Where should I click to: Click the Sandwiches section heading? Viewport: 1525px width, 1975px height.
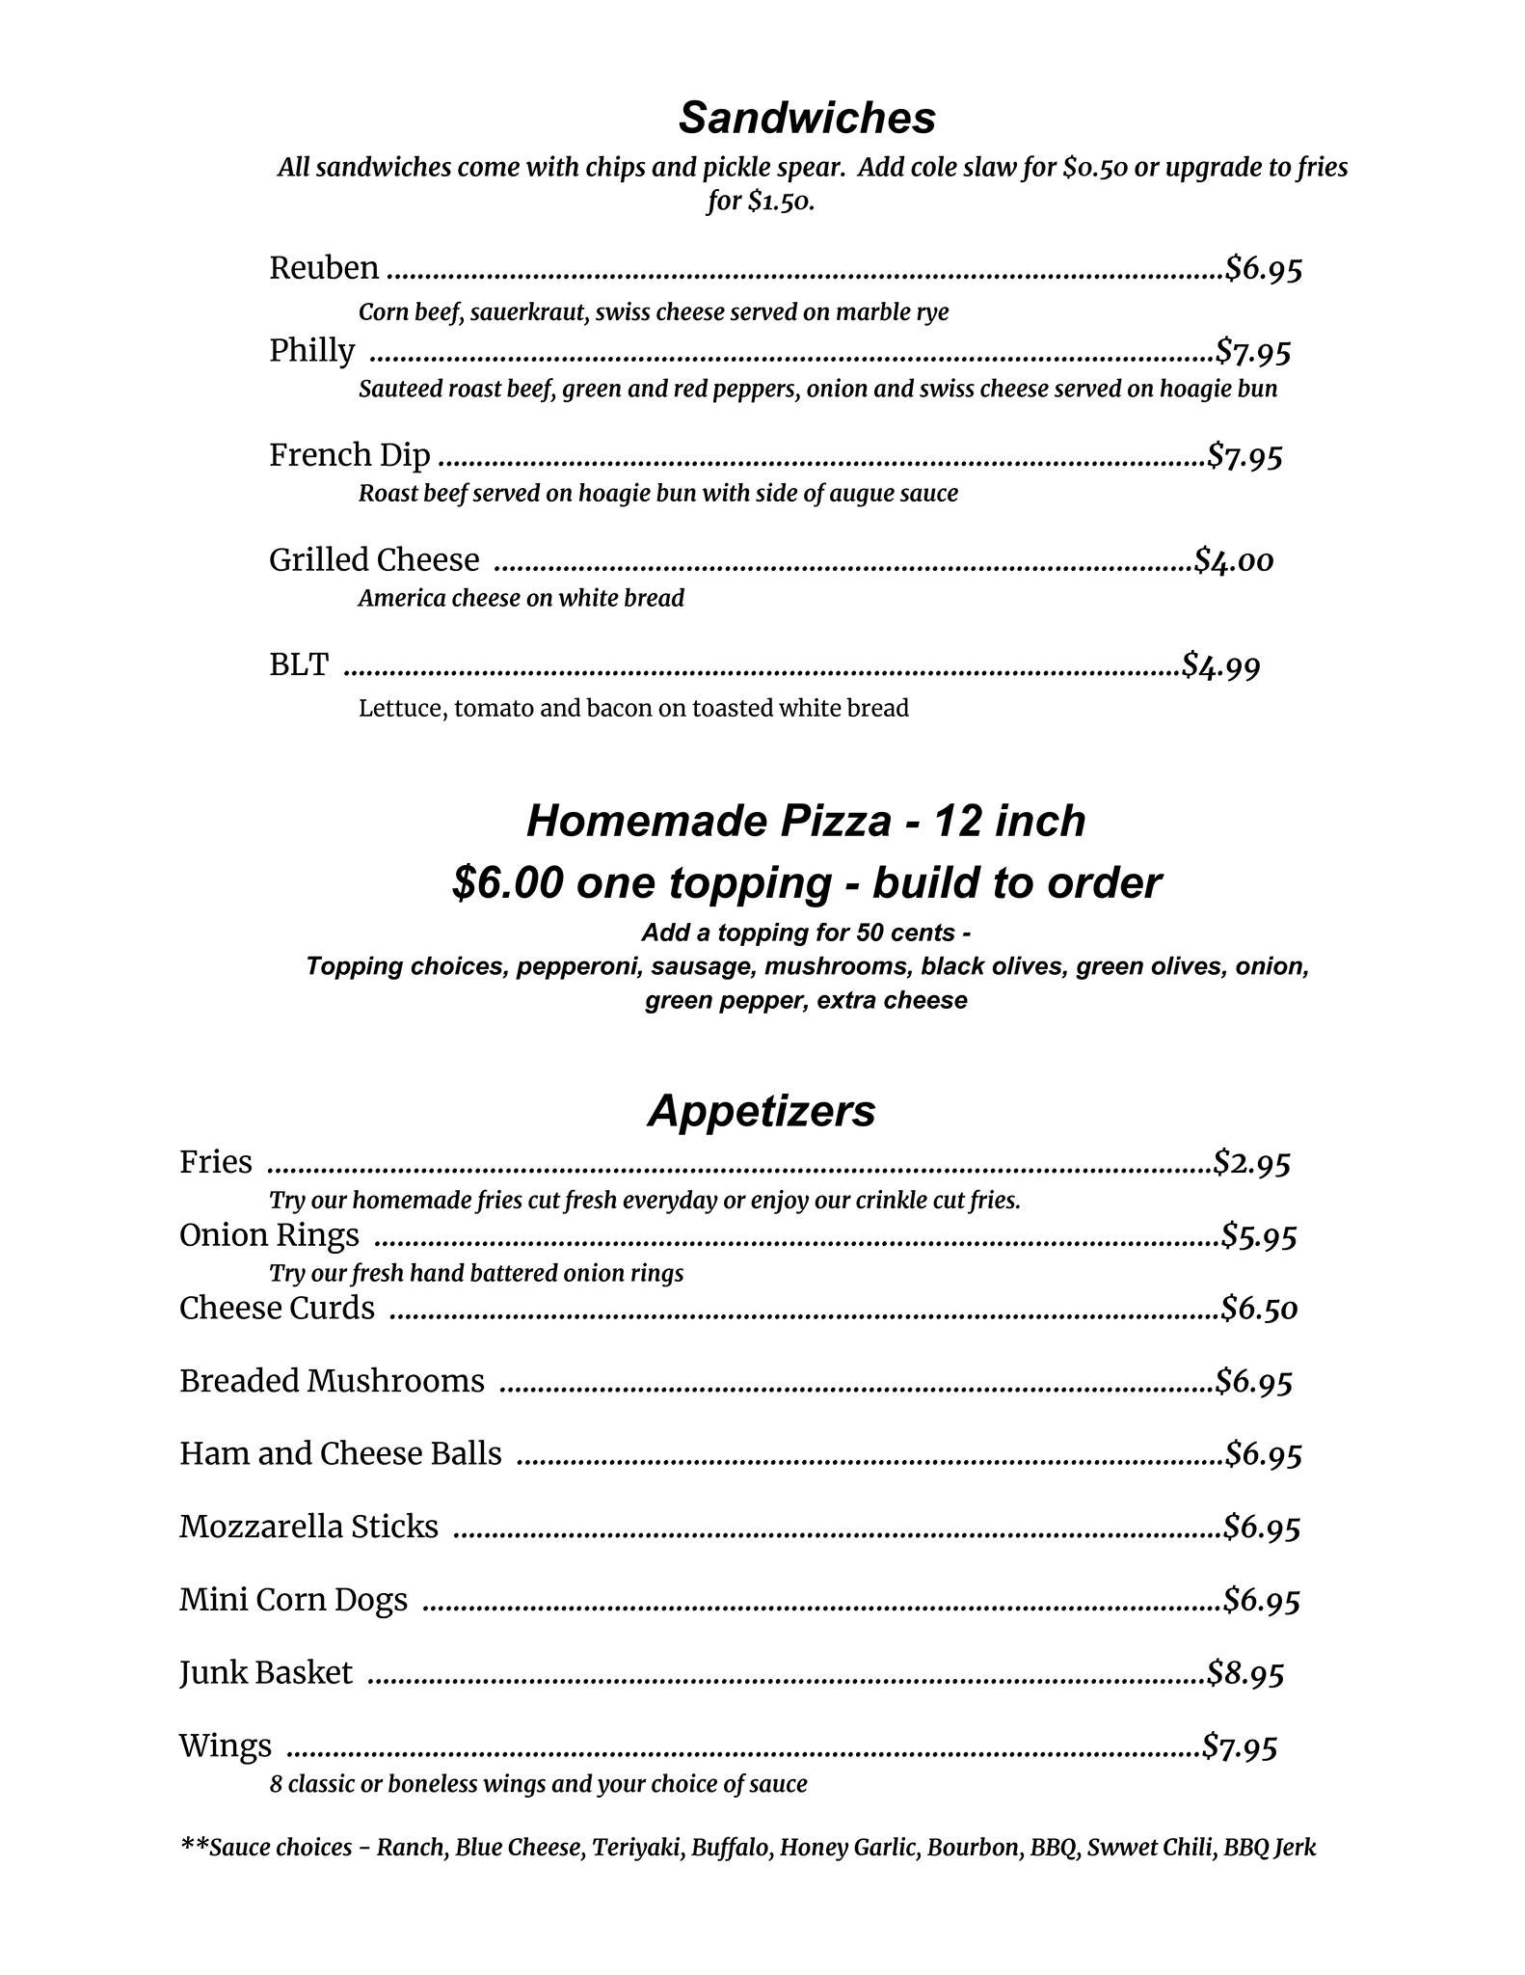[x=807, y=119]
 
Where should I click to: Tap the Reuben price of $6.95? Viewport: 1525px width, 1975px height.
[x=1264, y=268]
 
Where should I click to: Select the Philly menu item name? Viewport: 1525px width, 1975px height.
[x=311, y=351]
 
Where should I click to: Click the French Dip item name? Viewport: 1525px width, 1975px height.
[x=349, y=455]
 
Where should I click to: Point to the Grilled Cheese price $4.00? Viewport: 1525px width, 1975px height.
[x=1234, y=560]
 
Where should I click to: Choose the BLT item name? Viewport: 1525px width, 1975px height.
[x=298, y=664]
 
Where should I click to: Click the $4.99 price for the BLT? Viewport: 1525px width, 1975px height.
[x=1221, y=665]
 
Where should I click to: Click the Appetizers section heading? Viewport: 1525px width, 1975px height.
[x=762, y=1111]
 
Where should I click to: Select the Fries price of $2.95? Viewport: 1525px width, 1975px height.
[x=1252, y=1163]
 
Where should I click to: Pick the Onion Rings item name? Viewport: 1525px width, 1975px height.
[x=269, y=1235]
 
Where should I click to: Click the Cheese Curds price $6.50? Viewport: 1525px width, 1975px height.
[x=1260, y=1309]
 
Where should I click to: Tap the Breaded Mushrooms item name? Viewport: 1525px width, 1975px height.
[x=332, y=1381]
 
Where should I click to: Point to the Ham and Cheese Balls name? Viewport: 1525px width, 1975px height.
[x=340, y=1453]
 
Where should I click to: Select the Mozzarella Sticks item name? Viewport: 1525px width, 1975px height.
[x=308, y=1527]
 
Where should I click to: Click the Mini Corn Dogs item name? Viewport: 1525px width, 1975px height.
[x=293, y=1600]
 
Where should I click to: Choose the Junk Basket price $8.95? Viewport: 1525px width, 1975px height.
[x=1246, y=1673]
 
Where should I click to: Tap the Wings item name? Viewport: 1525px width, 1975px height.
[x=225, y=1745]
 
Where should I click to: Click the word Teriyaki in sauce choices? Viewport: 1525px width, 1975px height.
[x=636, y=1848]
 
